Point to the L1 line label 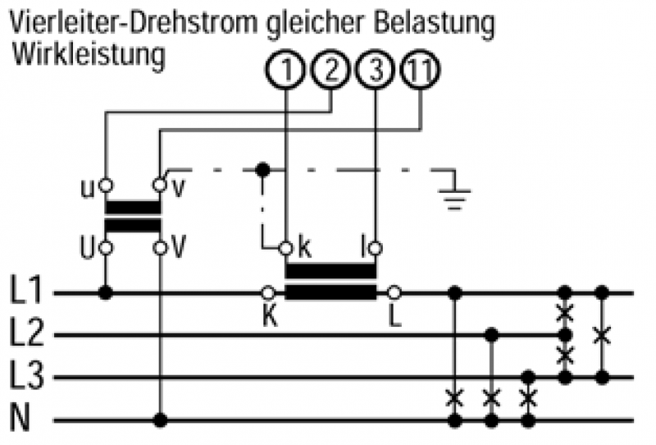point(28,291)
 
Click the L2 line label point(28,333)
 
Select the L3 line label point(28,377)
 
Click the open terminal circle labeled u point(106,186)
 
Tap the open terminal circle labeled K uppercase point(267,291)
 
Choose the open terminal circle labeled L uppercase point(394,291)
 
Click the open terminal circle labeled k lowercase point(285,247)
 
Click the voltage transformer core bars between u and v point(133,216)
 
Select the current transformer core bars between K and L point(330,281)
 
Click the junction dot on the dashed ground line point(262,170)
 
